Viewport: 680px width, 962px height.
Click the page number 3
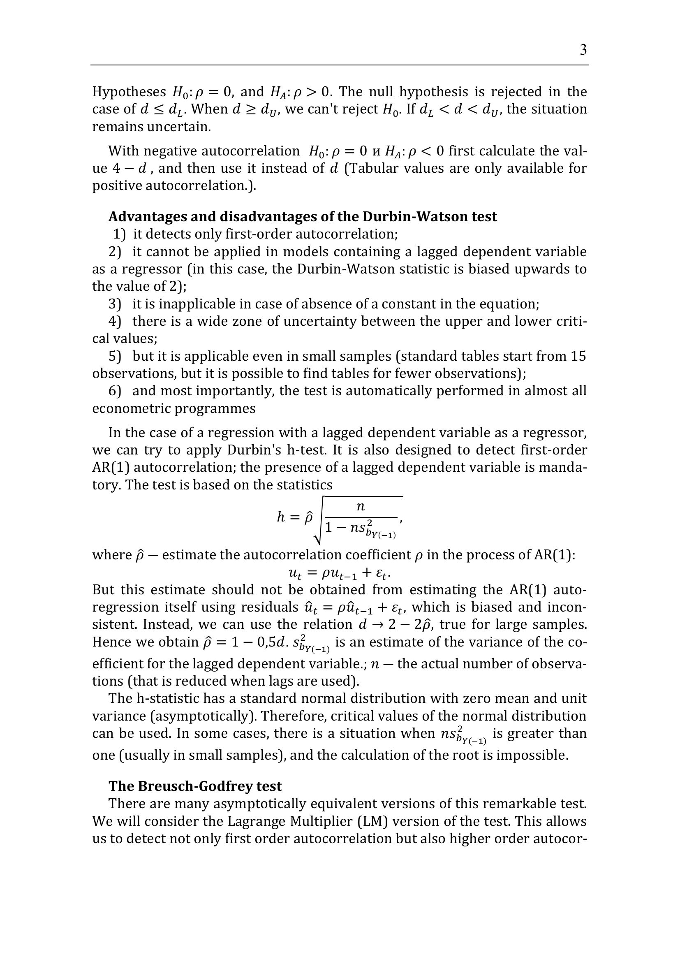[x=583, y=50]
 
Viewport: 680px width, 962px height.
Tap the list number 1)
[x=119, y=234]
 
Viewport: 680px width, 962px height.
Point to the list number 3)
[x=115, y=304]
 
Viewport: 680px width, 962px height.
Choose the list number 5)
[x=115, y=356]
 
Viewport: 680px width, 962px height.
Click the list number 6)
[x=115, y=391]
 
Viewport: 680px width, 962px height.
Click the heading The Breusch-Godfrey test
[x=195, y=786]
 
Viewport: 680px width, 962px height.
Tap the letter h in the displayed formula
[x=281, y=517]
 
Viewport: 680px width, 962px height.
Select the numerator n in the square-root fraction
[x=361, y=507]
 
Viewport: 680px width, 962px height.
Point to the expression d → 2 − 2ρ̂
[x=396, y=625]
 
